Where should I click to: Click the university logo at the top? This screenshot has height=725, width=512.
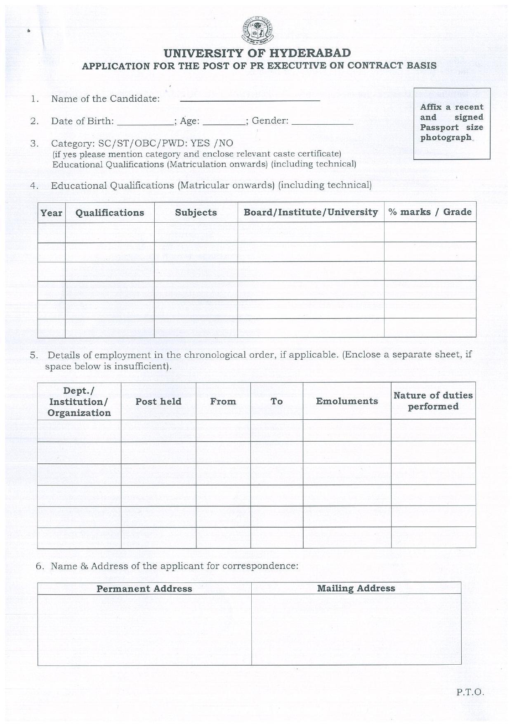pos(257,31)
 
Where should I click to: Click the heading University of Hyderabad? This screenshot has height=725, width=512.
pos(257,53)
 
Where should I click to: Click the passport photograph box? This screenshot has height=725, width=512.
pos(452,123)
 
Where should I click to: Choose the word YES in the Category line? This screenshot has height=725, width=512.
pos(200,143)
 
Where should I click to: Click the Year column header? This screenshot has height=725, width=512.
pos(52,213)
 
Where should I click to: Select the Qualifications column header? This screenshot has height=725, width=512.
pos(110,213)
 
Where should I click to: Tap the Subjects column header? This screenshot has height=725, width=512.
pos(196,212)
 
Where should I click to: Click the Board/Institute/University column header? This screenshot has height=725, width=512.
pos(311,212)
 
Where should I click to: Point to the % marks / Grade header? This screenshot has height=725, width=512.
pos(430,212)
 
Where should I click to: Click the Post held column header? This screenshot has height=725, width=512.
pos(158,401)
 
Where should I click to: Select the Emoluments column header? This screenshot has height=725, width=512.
pos(347,401)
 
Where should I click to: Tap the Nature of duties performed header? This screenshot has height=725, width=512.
pos(433,401)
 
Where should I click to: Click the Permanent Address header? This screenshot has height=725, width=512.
pos(144,589)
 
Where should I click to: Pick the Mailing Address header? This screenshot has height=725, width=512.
pos(356,588)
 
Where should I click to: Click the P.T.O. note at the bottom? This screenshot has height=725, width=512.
pos(470,692)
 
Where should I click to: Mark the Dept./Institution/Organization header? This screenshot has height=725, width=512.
pos(79,402)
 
